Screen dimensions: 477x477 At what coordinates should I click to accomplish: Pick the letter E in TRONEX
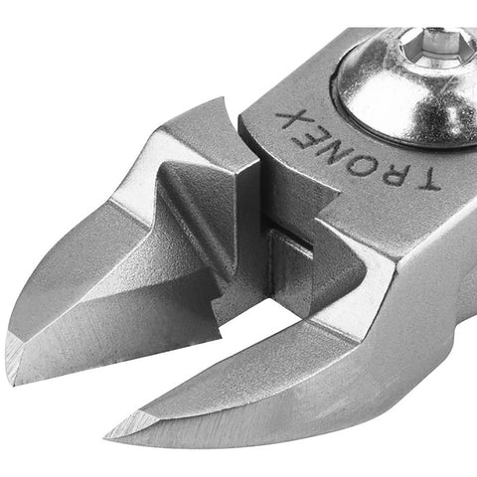(306, 135)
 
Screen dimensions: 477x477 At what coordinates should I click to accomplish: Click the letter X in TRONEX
(287, 120)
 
